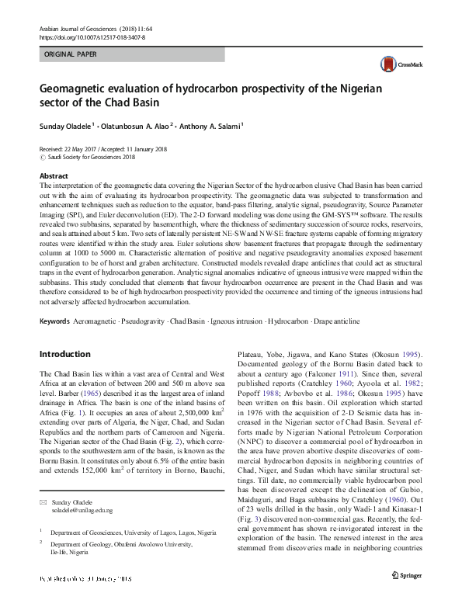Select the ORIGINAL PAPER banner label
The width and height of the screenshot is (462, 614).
tap(71, 55)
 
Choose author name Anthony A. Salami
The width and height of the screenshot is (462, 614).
tap(210, 124)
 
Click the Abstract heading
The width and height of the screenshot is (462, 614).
tap(54, 176)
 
